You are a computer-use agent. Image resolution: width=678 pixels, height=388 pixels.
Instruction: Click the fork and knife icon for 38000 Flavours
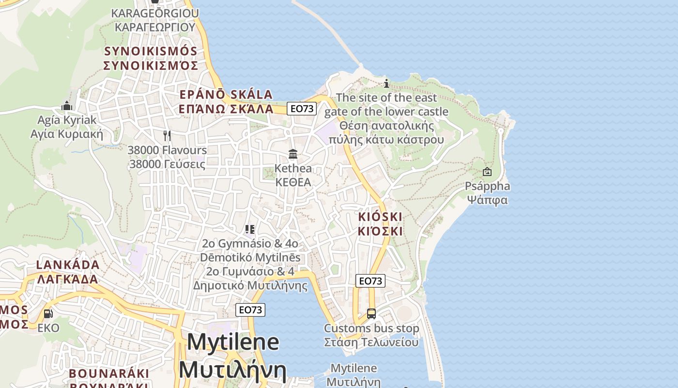167,135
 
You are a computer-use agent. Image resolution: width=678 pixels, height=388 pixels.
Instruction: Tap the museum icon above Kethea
293,154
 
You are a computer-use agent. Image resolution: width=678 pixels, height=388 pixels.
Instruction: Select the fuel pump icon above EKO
48,314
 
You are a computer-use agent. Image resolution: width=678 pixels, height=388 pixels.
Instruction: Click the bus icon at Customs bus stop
371,314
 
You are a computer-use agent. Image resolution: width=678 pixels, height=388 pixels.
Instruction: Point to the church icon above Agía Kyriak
67,106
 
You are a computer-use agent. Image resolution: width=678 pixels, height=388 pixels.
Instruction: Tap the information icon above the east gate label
386,83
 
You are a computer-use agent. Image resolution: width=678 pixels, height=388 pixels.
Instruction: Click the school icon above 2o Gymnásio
250,229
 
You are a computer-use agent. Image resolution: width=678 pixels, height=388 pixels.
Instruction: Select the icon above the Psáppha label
487,172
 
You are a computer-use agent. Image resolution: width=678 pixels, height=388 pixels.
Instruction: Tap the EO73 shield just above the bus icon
370,281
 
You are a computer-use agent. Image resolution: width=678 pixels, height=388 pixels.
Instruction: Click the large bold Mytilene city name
232,342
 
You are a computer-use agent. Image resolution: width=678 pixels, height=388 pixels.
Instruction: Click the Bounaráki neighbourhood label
109,373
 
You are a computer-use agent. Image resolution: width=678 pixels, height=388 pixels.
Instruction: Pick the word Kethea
293,169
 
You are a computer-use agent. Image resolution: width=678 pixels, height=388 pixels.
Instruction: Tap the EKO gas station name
48,328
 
